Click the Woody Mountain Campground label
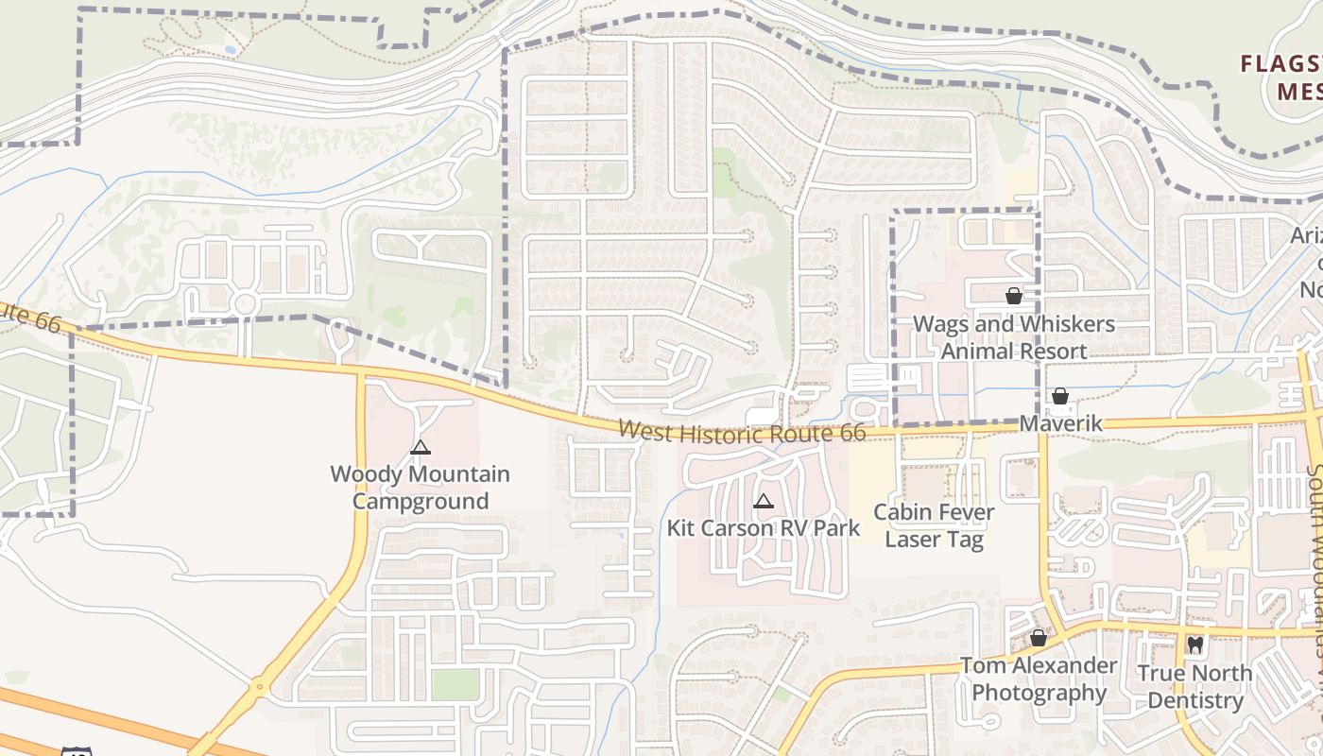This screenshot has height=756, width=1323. click(x=420, y=488)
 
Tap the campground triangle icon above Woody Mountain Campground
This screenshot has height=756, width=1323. click(x=421, y=447)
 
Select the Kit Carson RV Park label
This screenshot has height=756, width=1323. click(x=777, y=527)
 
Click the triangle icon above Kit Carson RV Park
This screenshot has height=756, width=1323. click(x=764, y=501)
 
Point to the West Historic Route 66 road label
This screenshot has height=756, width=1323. click(x=742, y=432)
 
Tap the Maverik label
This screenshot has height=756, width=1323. click(x=1060, y=422)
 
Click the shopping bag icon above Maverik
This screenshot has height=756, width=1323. click(x=1060, y=396)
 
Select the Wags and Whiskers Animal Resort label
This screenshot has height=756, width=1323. click(x=1013, y=337)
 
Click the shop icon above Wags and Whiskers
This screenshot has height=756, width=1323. click(x=1014, y=296)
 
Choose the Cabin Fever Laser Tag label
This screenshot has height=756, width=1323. click(x=934, y=526)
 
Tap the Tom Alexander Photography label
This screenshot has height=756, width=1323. click(x=1039, y=679)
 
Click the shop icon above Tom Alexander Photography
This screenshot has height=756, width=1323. click(x=1039, y=639)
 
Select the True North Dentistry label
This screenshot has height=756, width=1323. click(x=1194, y=686)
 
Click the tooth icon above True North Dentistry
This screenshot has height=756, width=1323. click(x=1194, y=645)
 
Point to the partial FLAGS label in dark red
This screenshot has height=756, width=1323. click(x=1281, y=64)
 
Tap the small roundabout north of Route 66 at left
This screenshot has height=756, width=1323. click(x=246, y=304)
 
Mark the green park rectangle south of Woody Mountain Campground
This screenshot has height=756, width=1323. click(x=455, y=685)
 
